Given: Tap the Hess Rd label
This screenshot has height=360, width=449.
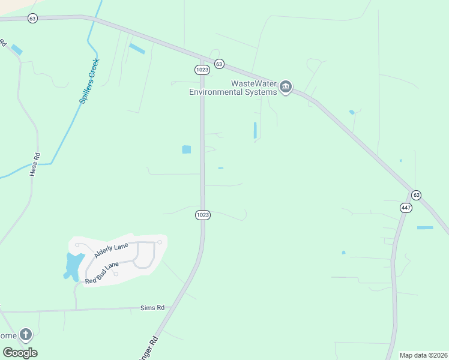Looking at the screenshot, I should (x=35, y=164).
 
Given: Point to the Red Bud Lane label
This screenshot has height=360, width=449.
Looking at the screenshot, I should (x=102, y=272).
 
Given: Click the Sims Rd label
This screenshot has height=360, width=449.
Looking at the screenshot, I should (x=152, y=307).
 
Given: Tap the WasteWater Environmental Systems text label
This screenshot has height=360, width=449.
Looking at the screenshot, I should (x=233, y=88).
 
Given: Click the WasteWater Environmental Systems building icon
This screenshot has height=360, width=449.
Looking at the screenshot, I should (x=286, y=88).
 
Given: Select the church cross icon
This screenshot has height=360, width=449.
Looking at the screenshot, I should (x=25, y=334).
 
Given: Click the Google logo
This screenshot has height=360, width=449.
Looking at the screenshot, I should (x=20, y=352).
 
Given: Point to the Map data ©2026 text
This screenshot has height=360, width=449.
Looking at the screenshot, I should (x=423, y=355).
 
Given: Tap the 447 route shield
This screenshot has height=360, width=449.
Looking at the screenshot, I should (x=406, y=207).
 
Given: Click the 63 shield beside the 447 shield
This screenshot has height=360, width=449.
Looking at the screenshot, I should (x=417, y=195).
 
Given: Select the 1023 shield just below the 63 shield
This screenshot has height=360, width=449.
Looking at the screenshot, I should (x=202, y=70).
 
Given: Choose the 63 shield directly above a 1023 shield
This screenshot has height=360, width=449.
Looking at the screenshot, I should (x=218, y=64).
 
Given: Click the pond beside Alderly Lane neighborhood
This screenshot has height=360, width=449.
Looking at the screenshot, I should (x=73, y=266).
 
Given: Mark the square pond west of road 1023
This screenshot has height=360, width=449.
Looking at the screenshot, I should (x=186, y=149).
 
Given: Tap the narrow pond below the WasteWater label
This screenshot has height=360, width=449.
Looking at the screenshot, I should (x=255, y=130).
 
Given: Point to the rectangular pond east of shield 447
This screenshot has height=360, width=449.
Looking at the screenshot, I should (x=425, y=227).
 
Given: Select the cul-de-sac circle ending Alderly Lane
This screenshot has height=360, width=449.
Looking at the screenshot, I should (x=160, y=242).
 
